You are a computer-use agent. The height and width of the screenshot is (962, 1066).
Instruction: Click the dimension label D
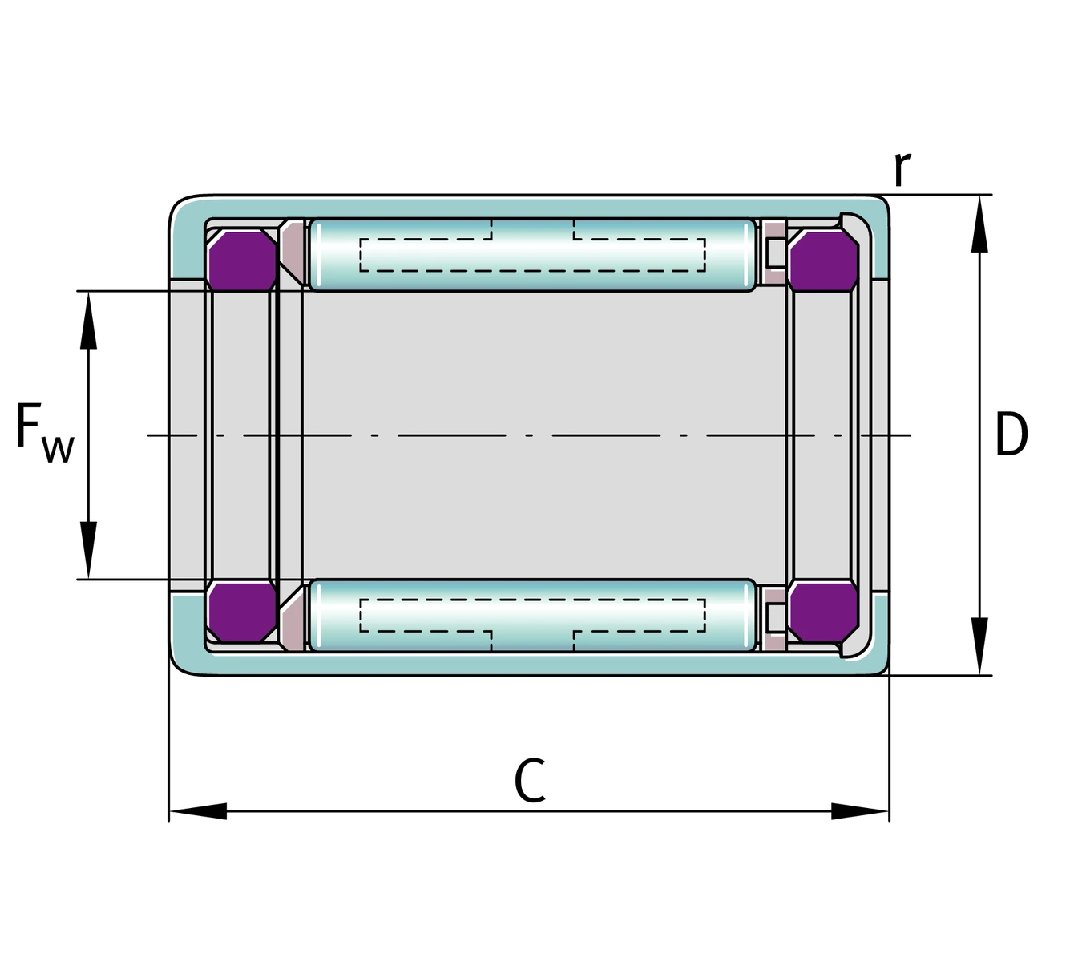pos(1011,435)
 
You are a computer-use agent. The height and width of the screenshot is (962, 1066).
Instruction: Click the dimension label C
pos(530,782)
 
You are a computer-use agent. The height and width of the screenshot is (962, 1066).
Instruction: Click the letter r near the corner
pos(902,169)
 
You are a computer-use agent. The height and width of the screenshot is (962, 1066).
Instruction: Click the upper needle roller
pos(531,254)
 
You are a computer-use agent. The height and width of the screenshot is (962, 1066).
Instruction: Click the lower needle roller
pos(531,615)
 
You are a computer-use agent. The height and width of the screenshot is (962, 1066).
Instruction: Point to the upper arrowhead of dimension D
pos(979,224)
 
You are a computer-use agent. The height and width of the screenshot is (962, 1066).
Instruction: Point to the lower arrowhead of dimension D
pos(979,646)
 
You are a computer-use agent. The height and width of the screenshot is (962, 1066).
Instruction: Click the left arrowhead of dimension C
pos(197,811)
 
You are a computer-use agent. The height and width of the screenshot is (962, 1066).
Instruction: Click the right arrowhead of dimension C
pos(861,811)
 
